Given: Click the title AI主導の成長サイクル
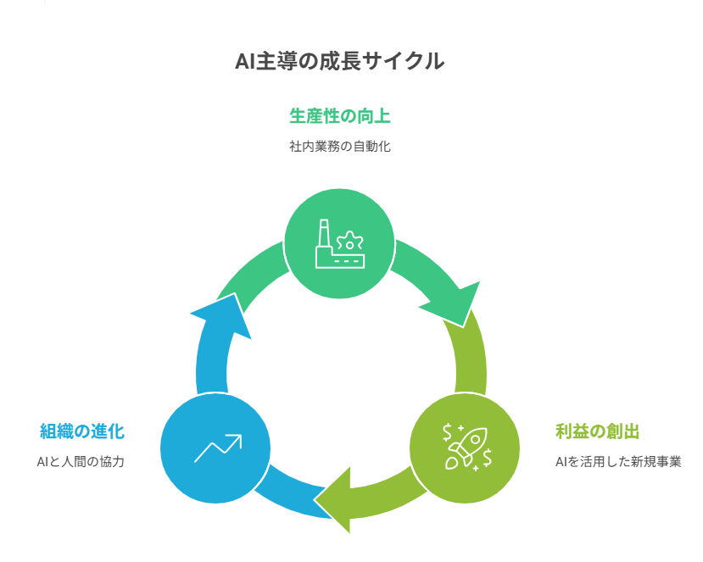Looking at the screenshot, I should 339,62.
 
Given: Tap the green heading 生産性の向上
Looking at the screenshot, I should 339,116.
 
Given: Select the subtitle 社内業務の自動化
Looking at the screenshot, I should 339,146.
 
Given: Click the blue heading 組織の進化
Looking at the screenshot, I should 82,431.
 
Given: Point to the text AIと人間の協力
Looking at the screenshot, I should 81,462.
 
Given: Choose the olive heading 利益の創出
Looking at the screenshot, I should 597,431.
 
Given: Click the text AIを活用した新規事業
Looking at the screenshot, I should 618,462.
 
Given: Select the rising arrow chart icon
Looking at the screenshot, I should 217,448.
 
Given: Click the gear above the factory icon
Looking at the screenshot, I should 352,238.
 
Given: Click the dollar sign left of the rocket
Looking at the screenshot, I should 447,433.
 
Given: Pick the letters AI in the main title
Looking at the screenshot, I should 246,62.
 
